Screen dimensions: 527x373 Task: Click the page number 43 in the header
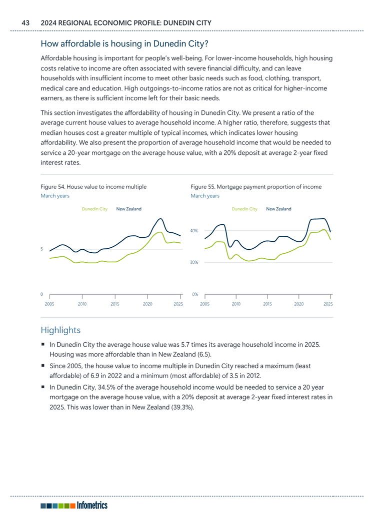pos(26,22)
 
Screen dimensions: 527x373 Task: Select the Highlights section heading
pos(60,330)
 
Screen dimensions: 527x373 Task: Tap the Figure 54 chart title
pos(93,186)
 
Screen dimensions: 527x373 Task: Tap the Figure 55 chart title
pos(256,186)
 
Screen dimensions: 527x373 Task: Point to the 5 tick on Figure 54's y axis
pos(42,248)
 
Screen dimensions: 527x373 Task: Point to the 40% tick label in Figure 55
pos(194,231)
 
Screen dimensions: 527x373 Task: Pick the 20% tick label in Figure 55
pos(194,262)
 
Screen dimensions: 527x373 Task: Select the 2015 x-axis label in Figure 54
pos(115,303)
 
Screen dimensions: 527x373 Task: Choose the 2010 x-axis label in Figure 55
pos(236,303)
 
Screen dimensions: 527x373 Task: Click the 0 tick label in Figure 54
pos(42,295)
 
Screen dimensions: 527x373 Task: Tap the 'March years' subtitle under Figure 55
pos(205,196)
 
